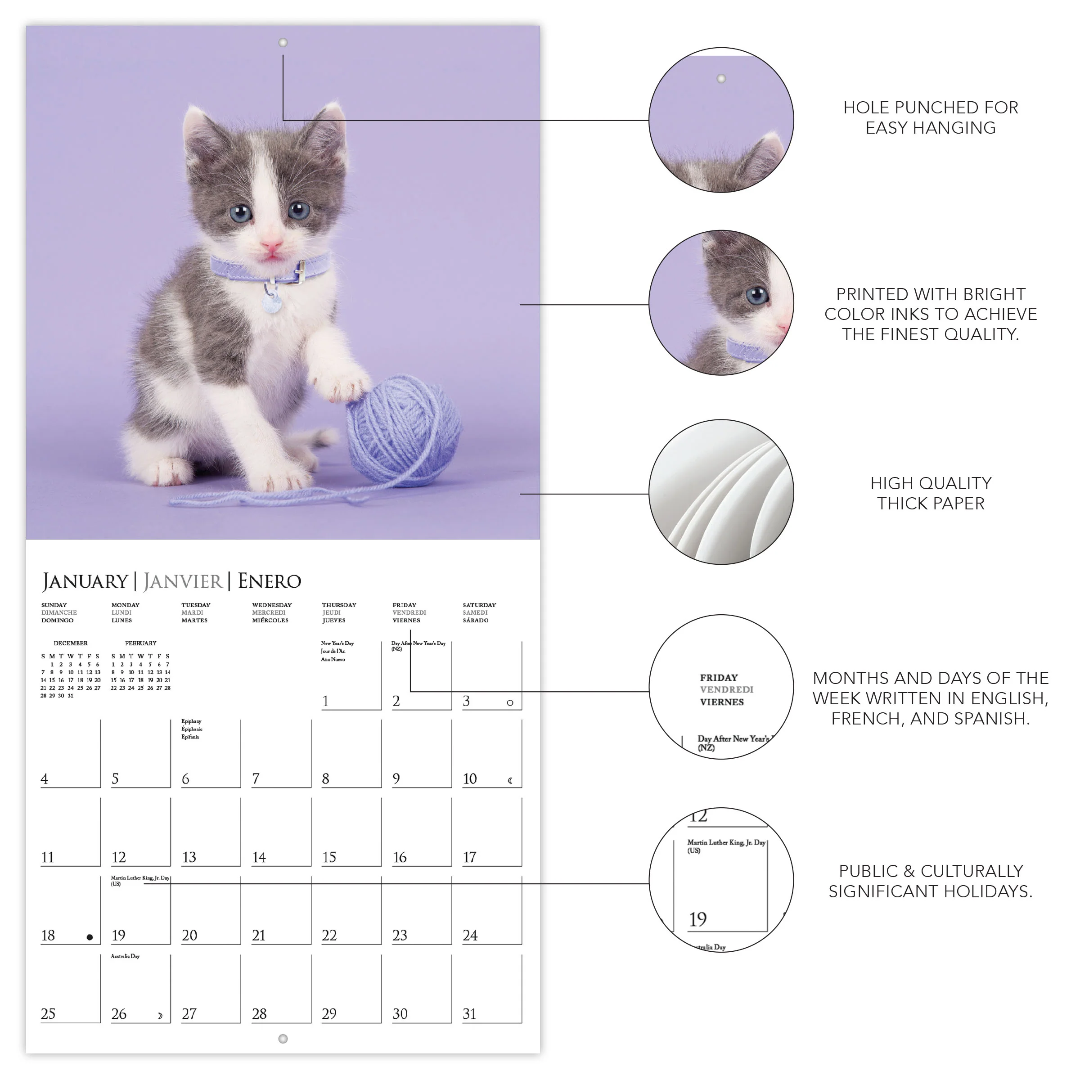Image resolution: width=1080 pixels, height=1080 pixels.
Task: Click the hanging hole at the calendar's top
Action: [x=283, y=42]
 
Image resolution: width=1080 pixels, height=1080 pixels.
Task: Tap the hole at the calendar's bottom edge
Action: [x=283, y=1039]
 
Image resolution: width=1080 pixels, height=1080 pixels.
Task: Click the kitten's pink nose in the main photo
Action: [x=272, y=245]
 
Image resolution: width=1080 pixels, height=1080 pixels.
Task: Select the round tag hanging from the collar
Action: [x=272, y=304]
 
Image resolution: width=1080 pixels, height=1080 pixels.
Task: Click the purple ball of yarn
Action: [x=404, y=431]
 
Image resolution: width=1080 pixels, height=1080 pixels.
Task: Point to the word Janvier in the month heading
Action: [x=183, y=581]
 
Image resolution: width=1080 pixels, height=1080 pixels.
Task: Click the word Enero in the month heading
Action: [x=270, y=581]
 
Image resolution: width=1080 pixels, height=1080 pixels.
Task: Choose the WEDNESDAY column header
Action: [x=272, y=605]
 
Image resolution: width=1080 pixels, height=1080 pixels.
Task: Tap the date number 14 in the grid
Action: [x=259, y=857]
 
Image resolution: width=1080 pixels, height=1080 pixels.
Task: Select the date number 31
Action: [x=469, y=1013]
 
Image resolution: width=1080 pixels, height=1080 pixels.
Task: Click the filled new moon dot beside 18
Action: [x=90, y=937]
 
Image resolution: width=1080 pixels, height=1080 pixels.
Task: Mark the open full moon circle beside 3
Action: [x=510, y=702]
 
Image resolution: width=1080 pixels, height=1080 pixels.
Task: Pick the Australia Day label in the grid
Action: [x=125, y=956]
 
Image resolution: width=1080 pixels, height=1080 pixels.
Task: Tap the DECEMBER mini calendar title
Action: [x=71, y=643]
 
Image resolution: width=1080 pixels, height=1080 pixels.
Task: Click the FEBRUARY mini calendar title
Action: [x=141, y=643]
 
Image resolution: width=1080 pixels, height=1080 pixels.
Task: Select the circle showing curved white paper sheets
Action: [x=721, y=492]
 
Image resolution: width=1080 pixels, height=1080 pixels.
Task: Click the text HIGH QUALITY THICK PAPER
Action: [x=930, y=493]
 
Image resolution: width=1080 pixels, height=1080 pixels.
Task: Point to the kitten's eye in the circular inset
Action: [x=757, y=295]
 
